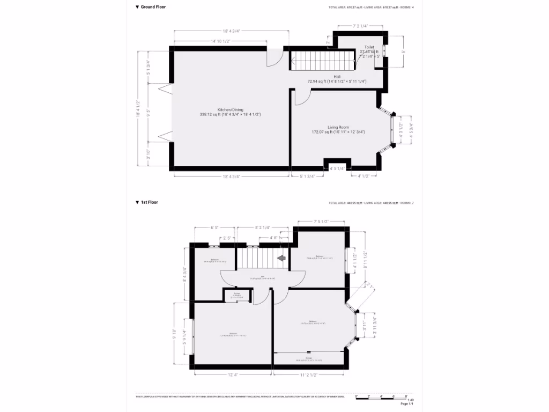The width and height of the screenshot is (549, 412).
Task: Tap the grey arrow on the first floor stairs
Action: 281,259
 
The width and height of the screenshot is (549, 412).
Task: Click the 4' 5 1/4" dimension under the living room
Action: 337,168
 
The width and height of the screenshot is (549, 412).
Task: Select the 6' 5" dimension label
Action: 215,227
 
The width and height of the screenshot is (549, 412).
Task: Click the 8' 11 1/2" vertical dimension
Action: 365,260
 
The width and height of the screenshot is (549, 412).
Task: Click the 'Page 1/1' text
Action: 407,404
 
